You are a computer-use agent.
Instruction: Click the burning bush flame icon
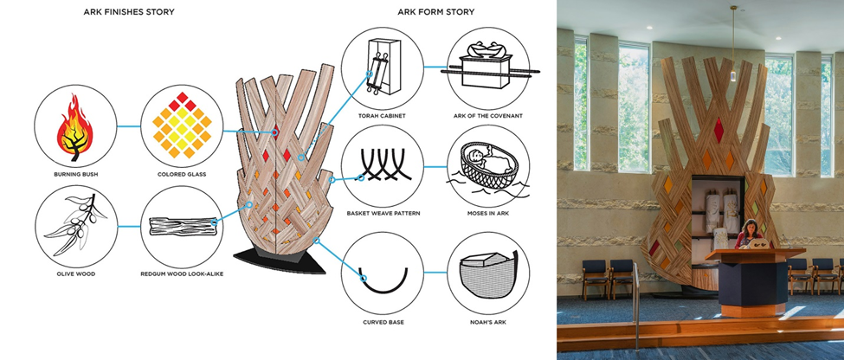[74, 127]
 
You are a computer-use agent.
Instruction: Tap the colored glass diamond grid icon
[182, 125]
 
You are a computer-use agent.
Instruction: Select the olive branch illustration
[75, 224]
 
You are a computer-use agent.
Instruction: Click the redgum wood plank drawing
[183, 226]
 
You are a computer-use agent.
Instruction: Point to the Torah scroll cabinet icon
[383, 66]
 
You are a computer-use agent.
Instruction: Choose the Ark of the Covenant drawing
[487, 65]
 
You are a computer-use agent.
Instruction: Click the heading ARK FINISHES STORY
[129, 12]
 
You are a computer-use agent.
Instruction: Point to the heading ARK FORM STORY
[436, 12]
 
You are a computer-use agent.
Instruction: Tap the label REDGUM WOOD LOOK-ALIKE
[182, 274]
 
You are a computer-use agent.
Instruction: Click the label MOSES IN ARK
[488, 214]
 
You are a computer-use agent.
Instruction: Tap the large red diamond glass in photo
[718, 130]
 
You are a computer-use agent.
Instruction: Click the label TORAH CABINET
[382, 116]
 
